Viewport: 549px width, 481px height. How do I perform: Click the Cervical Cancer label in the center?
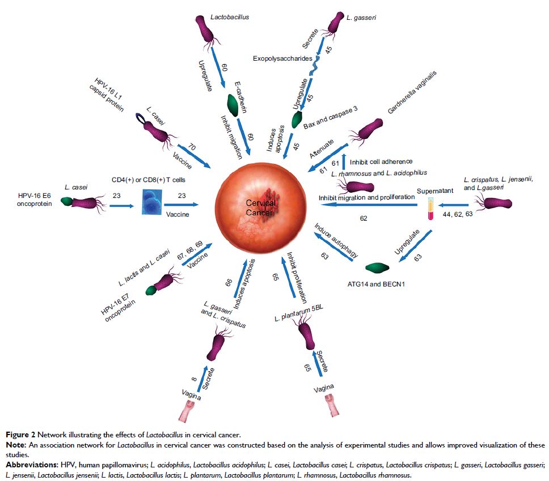point(261,207)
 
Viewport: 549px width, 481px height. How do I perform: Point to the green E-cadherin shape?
point(233,106)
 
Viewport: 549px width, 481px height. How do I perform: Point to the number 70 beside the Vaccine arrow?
point(191,149)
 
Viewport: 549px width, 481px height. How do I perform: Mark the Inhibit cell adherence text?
point(381,162)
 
